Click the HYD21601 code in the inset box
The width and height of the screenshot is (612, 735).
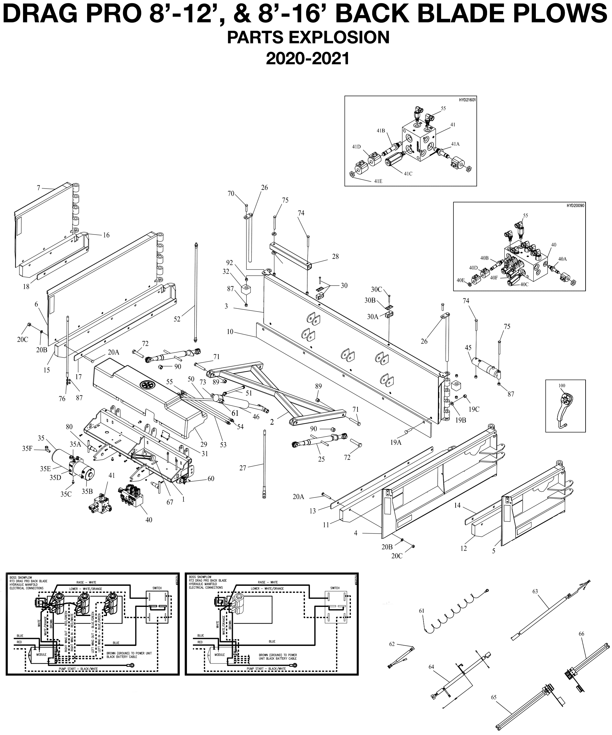tap(467, 100)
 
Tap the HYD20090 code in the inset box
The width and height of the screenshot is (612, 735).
tap(575, 206)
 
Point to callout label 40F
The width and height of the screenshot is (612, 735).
tap(494, 278)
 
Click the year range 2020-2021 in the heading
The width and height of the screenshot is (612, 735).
tap(308, 59)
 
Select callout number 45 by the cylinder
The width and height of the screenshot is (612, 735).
tap(468, 348)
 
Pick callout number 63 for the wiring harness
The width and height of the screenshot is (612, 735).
tap(535, 591)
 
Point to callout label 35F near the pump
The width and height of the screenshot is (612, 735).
tap(28, 448)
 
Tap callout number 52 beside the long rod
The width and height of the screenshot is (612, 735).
tap(177, 319)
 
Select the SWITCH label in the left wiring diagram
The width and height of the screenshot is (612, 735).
tap(157, 588)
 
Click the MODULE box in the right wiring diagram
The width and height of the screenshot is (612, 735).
tap(219, 654)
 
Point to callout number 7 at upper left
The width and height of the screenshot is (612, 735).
tap(38, 188)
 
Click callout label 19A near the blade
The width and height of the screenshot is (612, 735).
tap(396, 442)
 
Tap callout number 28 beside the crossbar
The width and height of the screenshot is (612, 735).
tap(335, 257)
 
